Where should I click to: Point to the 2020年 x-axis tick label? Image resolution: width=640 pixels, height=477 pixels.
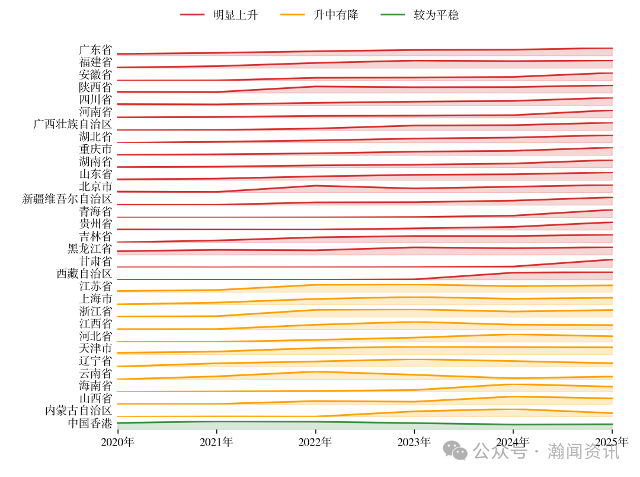(x=118, y=442)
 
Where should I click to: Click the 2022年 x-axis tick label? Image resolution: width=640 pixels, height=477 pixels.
(x=315, y=442)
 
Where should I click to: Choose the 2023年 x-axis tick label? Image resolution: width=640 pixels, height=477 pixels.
(x=414, y=442)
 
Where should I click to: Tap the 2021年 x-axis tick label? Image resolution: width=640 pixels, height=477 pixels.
(x=216, y=442)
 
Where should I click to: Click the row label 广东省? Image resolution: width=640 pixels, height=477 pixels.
(x=95, y=50)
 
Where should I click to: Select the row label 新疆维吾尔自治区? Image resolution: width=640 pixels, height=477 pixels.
(x=67, y=199)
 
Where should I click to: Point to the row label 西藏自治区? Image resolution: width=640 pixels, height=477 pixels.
(x=84, y=274)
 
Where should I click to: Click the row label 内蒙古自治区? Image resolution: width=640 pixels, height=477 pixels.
(x=79, y=411)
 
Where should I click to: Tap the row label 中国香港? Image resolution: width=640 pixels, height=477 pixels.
(x=90, y=423)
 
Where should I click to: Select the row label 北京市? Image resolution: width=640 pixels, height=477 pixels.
(x=95, y=187)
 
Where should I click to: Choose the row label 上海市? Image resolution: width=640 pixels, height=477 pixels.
(x=95, y=298)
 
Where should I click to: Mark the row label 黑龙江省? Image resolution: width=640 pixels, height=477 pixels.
(x=90, y=249)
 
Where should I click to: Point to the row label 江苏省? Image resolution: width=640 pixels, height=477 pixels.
(x=95, y=286)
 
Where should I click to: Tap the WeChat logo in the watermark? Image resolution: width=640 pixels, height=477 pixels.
(x=456, y=451)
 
